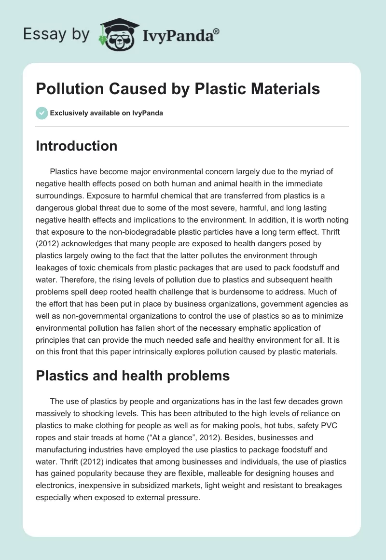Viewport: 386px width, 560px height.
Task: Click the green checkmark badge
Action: point(41,113)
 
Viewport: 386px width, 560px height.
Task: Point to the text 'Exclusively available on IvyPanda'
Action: point(106,113)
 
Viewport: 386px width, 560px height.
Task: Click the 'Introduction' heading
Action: point(76,146)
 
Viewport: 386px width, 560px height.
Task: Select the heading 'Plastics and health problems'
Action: point(133,377)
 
